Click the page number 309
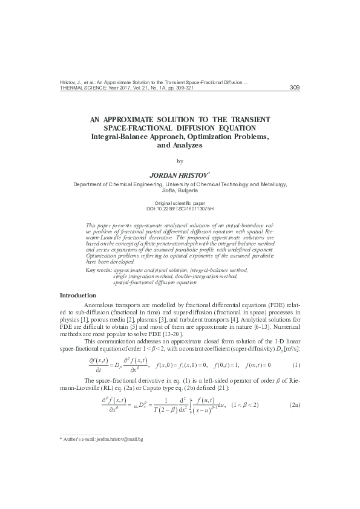[x=295, y=88]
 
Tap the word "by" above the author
[x=179, y=161]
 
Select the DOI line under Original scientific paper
[x=180, y=207]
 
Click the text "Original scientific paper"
[x=180, y=203]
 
